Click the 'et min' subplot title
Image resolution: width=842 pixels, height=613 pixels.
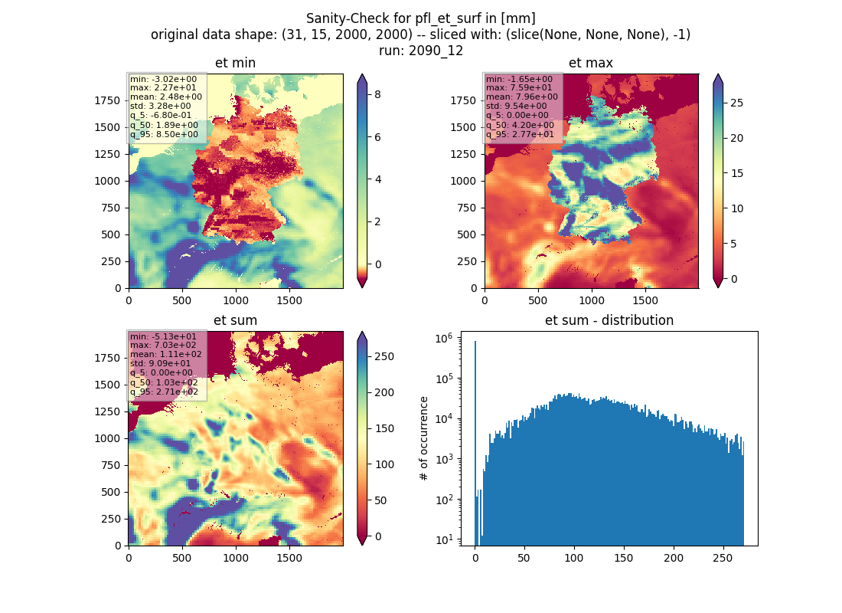point(235,63)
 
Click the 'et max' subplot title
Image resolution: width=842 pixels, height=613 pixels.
point(591,63)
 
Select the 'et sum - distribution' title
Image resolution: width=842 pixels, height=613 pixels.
point(609,320)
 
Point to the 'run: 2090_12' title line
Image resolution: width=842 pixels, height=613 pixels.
point(420,51)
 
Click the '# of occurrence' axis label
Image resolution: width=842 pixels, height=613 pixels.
point(424,439)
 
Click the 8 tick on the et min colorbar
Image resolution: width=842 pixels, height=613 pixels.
point(377,95)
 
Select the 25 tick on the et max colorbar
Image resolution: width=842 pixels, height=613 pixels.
point(736,103)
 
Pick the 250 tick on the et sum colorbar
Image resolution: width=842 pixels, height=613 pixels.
point(384,356)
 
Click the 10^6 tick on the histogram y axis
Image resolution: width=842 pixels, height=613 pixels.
point(443,338)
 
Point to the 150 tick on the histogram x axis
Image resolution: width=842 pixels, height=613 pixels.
point(623,558)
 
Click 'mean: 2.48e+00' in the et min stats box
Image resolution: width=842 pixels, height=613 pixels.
point(166,97)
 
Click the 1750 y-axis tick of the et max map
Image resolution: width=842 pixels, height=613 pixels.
point(463,100)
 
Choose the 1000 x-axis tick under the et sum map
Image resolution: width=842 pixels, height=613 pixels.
point(236,558)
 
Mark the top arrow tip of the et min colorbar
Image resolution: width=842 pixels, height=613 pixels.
point(363,74)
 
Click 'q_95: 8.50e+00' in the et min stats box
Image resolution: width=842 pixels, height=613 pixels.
point(164,134)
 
